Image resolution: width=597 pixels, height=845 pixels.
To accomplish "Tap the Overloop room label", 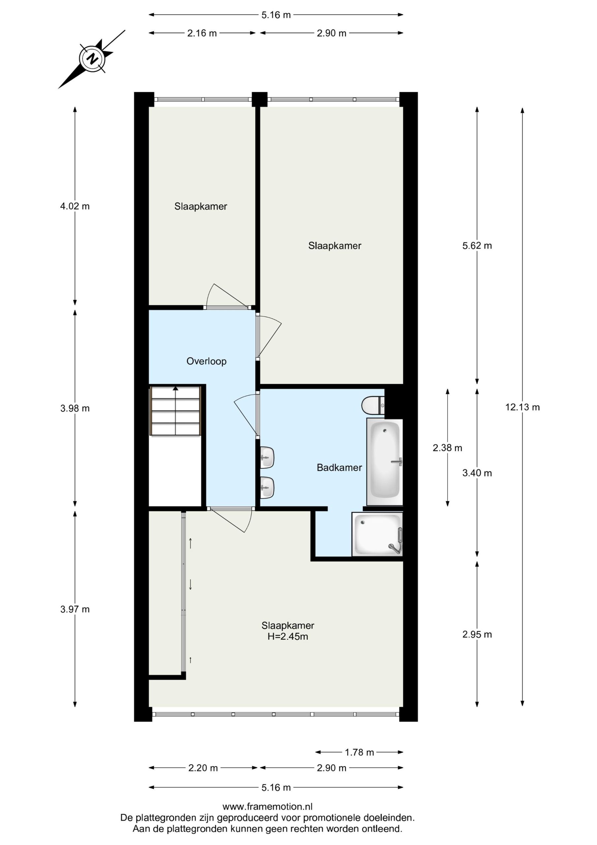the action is pyautogui.click(x=206, y=361).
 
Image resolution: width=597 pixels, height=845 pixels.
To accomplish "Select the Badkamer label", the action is pyautogui.click(x=339, y=468).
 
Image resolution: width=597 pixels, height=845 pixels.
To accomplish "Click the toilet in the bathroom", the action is pyautogui.click(x=373, y=406).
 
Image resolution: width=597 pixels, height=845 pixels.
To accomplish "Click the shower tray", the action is pyautogui.click(x=377, y=534).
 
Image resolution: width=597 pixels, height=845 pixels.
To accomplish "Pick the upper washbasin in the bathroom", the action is pyautogui.click(x=267, y=457).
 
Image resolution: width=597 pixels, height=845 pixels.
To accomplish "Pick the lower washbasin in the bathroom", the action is pyautogui.click(x=267, y=488).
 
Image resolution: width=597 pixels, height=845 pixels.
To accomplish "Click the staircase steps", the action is pyautogui.click(x=175, y=410).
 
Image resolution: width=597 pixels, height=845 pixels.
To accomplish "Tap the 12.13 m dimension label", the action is pyautogui.click(x=522, y=407).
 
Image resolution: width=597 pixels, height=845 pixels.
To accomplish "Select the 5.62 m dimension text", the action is pyautogui.click(x=477, y=246).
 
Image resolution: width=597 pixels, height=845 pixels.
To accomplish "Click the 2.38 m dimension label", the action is pyautogui.click(x=447, y=448).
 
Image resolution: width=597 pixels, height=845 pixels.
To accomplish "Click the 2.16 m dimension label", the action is pyautogui.click(x=202, y=33).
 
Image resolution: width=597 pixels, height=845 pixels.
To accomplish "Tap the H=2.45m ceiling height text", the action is pyautogui.click(x=288, y=636).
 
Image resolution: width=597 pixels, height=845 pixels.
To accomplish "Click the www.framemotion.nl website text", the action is pyautogui.click(x=267, y=807).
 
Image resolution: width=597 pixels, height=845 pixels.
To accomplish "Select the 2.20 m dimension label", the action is pyautogui.click(x=203, y=768).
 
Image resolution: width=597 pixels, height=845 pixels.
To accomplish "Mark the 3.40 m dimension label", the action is pyautogui.click(x=477, y=473).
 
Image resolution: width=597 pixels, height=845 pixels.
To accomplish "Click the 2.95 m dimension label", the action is pyautogui.click(x=477, y=634).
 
